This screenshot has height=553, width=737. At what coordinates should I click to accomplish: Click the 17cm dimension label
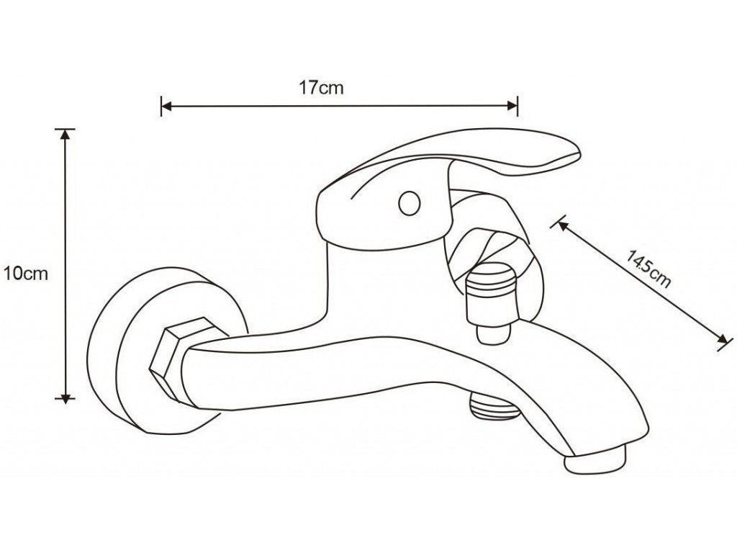[321, 88]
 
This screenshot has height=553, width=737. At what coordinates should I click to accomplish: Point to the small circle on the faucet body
[410, 203]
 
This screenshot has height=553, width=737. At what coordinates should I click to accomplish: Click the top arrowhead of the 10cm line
[66, 135]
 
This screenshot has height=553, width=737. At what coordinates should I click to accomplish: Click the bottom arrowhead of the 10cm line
[66, 394]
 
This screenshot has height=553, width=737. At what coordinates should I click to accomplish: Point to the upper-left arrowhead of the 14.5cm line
[562, 225]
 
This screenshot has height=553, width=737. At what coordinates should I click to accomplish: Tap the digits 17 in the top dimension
[308, 88]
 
